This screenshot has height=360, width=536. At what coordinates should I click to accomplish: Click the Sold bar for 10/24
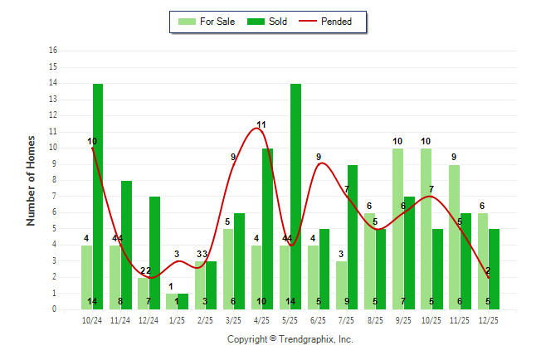tap(98, 196)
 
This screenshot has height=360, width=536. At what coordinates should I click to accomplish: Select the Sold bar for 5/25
tap(295, 196)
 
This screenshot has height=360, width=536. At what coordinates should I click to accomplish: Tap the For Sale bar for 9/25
tap(397, 228)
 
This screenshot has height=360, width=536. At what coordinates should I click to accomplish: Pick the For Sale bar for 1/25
tap(171, 301)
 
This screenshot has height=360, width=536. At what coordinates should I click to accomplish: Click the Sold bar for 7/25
tap(353, 236)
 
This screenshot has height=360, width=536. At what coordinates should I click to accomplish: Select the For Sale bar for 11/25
tap(454, 236)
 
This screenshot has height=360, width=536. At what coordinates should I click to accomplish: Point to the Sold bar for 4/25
tap(267, 228)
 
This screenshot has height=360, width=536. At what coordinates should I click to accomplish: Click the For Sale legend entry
tap(207, 22)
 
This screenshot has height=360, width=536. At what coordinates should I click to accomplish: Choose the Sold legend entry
tap(270, 22)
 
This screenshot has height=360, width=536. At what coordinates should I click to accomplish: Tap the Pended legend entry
tap(332, 22)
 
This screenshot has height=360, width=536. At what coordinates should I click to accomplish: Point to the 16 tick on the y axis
tap(53, 51)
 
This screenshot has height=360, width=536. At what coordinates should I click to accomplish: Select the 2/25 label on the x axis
tap(205, 319)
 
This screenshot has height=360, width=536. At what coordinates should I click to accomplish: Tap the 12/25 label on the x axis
tap(488, 319)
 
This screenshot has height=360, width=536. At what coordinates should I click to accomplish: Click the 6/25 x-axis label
tap(319, 319)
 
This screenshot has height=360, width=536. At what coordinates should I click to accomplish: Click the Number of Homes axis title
tap(31, 180)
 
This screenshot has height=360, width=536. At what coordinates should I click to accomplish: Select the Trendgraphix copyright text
tap(290, 339)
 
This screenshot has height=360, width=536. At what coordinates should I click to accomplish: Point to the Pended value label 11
tap(261, 125)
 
